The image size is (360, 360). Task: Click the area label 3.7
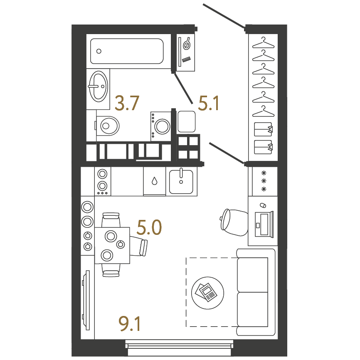point(127,103)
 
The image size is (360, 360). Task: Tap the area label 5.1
point(209,103)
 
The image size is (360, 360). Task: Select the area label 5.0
point(149,227)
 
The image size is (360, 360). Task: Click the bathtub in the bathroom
point(127,51)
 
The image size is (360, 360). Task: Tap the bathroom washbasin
point(98,86)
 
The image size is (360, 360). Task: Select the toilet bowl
point(107,126)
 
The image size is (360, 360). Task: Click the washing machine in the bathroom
point(161,126)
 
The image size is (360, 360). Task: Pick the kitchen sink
point(181,181)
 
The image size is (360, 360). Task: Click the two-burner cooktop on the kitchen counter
point(102,181)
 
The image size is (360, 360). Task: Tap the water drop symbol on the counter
point(155,181)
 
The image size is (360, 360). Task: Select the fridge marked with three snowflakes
point(265,181)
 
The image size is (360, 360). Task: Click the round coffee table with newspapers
point(207,293)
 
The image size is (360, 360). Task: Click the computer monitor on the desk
point(264,224)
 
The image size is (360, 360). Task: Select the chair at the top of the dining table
point(111,220)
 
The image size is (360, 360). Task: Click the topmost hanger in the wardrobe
point(263,43)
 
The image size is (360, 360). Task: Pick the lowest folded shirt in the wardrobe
point(263,147)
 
